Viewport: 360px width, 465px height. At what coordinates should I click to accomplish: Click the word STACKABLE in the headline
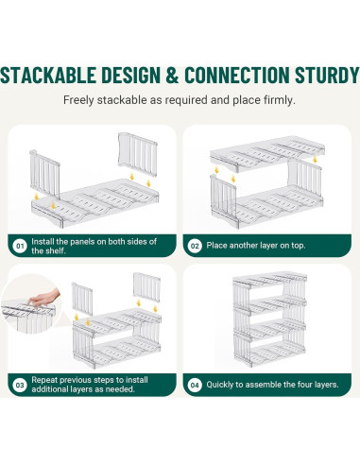(48, 75)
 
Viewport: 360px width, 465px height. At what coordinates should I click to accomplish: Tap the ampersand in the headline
(172, 75)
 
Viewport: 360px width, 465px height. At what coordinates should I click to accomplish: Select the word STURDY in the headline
(327, 75)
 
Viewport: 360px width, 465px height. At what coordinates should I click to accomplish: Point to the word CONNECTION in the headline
(236, 75)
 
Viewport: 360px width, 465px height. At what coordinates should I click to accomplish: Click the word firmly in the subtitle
(280, 100)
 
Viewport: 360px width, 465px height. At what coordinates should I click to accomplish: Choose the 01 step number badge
(20, 246)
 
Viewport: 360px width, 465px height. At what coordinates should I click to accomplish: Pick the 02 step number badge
(195, 246)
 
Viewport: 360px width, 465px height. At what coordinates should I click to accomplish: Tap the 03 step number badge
(20, 385)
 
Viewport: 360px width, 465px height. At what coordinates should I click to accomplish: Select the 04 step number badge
(195, 385)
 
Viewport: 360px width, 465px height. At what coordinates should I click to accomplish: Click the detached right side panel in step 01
(138, 154)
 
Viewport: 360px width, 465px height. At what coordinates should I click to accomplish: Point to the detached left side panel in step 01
(44, 174)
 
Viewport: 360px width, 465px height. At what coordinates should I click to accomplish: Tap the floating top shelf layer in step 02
(267, 153)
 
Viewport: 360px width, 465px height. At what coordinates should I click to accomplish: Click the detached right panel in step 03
(146, 286)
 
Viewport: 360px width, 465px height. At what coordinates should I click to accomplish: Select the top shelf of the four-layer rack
(269, 280)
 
